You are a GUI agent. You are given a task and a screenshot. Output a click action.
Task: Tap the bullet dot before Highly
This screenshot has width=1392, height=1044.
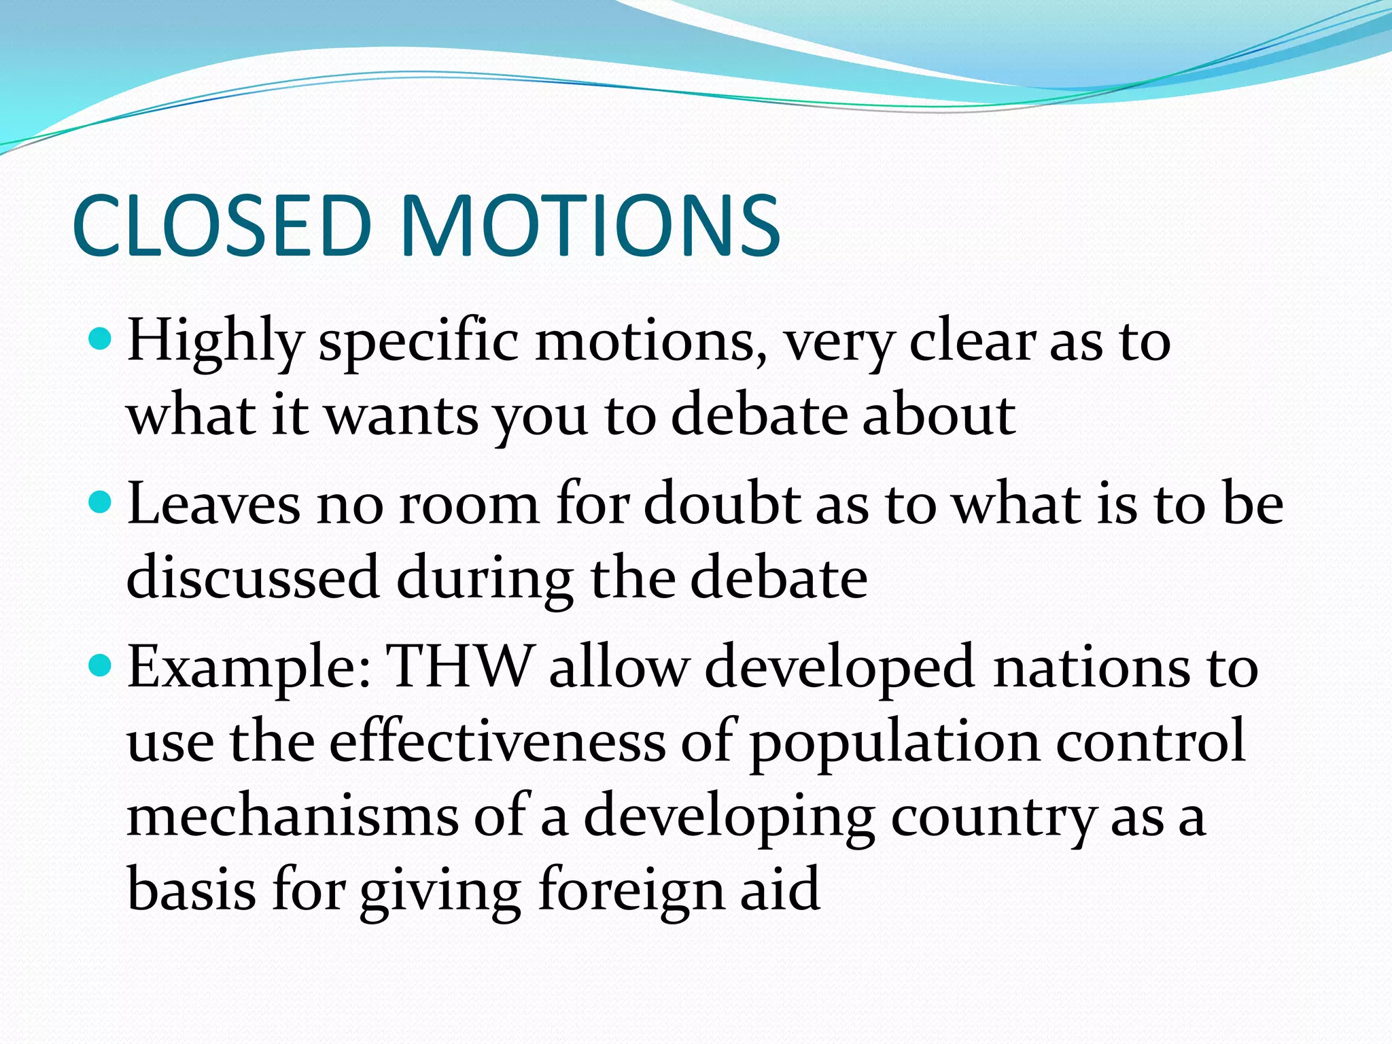point(100,338)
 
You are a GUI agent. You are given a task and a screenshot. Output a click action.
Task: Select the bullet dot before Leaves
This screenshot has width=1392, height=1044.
point(100,502)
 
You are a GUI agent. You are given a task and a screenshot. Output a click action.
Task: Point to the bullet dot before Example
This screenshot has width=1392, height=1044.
point(100,665)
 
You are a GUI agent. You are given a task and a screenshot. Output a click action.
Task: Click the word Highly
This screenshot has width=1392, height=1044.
point(214,342)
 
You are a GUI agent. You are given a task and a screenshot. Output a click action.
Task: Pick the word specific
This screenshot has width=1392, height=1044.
point(419,342)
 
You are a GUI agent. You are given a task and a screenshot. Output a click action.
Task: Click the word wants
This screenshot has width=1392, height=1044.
point(402,415)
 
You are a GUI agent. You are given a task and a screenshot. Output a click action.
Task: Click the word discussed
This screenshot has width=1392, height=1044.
point(252,578)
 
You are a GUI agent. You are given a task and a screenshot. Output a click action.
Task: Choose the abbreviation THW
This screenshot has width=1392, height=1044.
point(459,667)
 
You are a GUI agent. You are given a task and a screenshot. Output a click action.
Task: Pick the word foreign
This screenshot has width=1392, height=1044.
point(631,892)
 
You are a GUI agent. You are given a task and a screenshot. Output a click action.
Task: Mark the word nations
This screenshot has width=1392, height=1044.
point(1092,668)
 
